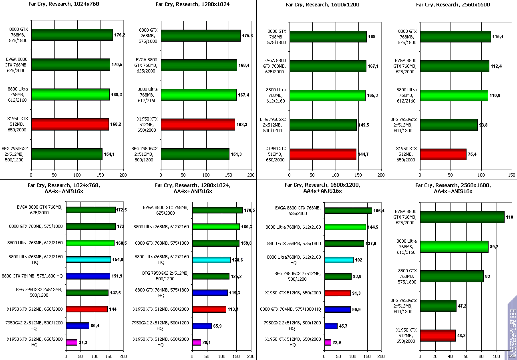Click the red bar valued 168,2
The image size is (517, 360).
tap(70, 124)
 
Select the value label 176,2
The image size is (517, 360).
tap(120, 35)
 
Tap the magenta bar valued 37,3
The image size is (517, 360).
tap(72, 342)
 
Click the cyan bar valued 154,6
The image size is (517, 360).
tap(88, 259)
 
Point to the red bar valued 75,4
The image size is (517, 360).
tap(443, 154)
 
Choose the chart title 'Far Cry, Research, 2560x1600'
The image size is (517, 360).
tap(453, 5)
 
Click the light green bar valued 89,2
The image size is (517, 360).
tap(454, 247)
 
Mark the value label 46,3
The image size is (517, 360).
tap(463, 336)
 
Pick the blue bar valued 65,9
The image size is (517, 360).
tap(202, 326)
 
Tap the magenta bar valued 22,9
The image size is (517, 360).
tap(328, 342)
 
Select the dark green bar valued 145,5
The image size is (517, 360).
tap(323, 125)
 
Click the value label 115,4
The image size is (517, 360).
tap(498, 36)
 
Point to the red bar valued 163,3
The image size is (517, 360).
tap(198, 125)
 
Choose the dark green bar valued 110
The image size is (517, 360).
tap(462, 217)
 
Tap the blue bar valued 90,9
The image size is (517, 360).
tap(338, 309)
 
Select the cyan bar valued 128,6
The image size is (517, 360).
tap(211, 259)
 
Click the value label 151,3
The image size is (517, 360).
tap(236, 154)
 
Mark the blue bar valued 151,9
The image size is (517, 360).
tap(88, 276)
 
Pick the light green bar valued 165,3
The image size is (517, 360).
tap(327, 95)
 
